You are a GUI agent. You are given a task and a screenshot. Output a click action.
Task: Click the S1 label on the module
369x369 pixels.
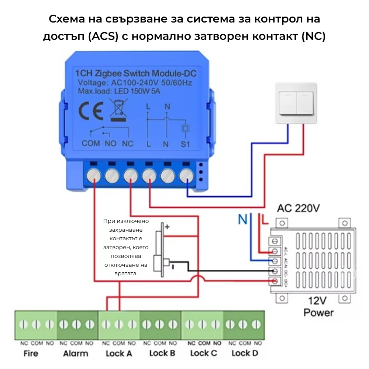pyautogui.click(x=185, y=144)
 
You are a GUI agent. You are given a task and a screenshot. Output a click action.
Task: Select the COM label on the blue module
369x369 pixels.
pyautogui.click(x=91, y=144)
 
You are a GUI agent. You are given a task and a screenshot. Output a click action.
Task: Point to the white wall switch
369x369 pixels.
pyautogui.click(x=296, y=103)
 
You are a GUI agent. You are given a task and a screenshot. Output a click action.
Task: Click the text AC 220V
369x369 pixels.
pyautogui.click(x=299, y=208)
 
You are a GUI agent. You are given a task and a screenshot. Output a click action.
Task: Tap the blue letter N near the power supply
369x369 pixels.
pyautogui.click(x=242, y=220)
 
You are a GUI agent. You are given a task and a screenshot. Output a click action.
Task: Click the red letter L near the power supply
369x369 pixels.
pyautogui.click(x=264, y=220)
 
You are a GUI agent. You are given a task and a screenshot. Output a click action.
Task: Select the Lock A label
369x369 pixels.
pyautogui.click(x=119, y=353)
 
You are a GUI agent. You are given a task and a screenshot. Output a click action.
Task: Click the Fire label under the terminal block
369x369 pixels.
pyautogui.click(x=31, y=353)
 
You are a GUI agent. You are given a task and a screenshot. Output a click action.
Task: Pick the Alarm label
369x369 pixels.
pyautogui.click(x=76, y=353)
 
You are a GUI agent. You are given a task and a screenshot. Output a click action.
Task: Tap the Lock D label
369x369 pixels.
pyautogui.click(x=245, y=353)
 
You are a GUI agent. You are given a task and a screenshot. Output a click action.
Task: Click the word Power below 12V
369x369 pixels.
pyautogui.click(x=318, y=313)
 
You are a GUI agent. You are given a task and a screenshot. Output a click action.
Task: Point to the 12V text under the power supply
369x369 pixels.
pyautogui.click(x=318, y=301)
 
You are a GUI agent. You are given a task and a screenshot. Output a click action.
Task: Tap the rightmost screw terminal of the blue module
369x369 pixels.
pyautogui.click(x=187, y=176)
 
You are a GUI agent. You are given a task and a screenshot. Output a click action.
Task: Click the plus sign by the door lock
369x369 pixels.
pyautogui.click(x=167, y=227)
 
